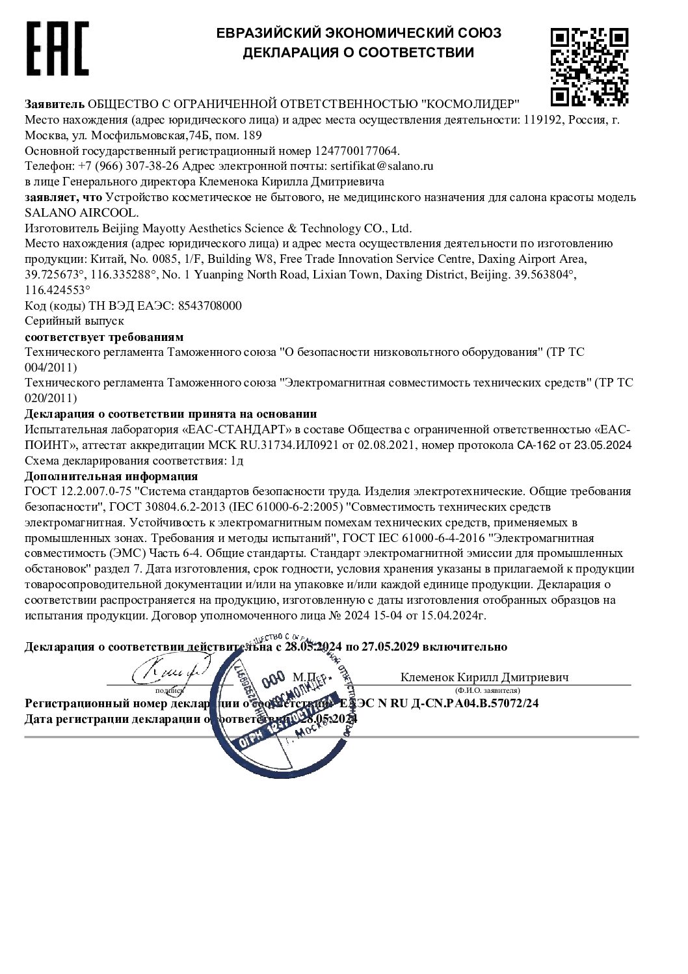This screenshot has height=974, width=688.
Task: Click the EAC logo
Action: (57, 49)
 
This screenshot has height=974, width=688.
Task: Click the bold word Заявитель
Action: (55, 104)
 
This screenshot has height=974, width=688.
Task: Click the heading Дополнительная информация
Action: (111, 477)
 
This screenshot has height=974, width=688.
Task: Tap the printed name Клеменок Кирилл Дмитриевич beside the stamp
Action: (484, 677)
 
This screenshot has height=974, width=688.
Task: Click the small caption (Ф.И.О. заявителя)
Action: (487, 690)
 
